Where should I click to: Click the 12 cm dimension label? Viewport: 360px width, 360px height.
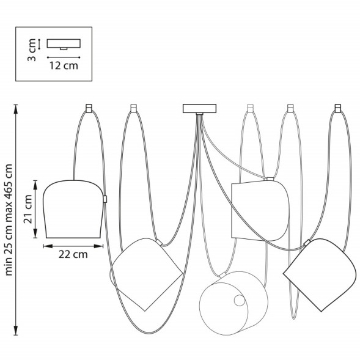[64, 65]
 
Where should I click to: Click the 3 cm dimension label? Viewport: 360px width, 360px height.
[32, 50]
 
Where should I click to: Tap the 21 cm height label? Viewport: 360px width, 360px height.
[28, 209]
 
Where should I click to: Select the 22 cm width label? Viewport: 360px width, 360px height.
[73, 254]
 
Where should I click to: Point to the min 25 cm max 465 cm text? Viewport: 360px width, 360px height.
[9, 219]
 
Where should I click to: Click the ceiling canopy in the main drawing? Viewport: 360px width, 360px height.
[199, 109]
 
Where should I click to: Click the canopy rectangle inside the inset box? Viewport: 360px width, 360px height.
[64, 43]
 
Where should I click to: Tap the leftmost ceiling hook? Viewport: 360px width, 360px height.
[89, 108]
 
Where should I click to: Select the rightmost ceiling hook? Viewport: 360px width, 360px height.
[338, 108]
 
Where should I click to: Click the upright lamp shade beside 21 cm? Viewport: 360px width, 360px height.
[73, 209]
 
